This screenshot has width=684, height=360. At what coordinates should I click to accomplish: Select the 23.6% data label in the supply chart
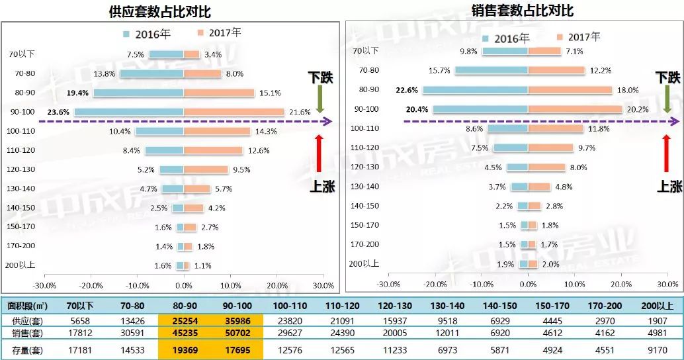pos(58,112)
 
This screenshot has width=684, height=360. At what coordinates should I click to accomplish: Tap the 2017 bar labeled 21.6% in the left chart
pos(234,112)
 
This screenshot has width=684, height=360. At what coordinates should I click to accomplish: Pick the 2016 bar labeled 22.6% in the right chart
pos(475,89)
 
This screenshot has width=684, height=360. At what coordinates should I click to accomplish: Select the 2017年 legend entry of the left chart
pos(219,32)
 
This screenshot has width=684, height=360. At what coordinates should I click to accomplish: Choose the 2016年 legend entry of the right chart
pos(506,38)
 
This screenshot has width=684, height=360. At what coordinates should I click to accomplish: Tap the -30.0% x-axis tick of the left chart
pos(44,285)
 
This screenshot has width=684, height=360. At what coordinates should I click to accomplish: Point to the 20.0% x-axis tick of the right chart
pos(621,284)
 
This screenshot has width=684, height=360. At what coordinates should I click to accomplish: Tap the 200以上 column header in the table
pos(658,306)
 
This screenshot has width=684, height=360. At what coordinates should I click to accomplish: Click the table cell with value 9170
pos(658,349)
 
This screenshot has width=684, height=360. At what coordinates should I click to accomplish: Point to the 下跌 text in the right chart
pos(669,77)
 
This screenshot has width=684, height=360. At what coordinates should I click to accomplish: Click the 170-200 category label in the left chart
pos(23,246)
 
